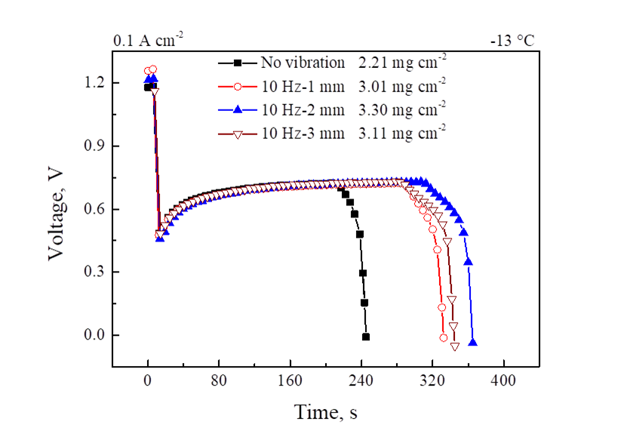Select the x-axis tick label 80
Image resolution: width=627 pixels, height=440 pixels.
point(219,382)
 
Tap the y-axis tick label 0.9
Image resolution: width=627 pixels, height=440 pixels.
point(95,146)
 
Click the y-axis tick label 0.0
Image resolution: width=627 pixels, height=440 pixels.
point(95,335)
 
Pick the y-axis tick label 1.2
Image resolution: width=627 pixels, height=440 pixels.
point(95,82)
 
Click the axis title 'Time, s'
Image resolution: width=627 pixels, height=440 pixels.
point(325,412)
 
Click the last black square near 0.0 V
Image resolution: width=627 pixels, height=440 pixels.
point(366,337)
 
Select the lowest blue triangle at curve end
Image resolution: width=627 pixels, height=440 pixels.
point(473,343)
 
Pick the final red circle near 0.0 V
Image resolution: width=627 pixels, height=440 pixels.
point(444,337)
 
